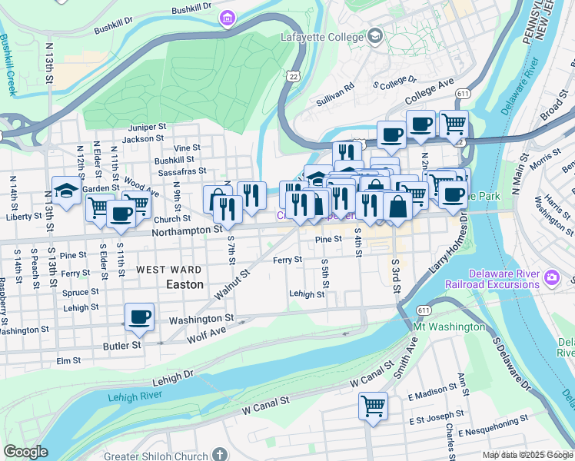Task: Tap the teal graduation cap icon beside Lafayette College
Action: [x=374, y=36]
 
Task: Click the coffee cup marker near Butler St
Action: [x=139, y=317]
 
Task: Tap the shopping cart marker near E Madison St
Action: [x=373, y=405]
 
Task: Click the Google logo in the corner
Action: [x=25, y=452]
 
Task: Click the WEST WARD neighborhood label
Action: [x=169, y=270]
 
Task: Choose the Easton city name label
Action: [x=185, y=284]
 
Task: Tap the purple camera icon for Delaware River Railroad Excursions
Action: [x=551, y=277]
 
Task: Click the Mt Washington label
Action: [x=450, y=327]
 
